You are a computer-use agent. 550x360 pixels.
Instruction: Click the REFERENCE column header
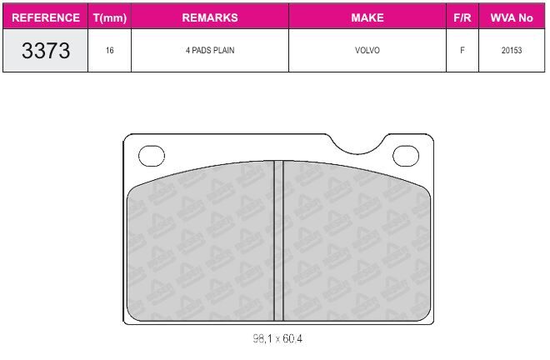[x=46, y=17]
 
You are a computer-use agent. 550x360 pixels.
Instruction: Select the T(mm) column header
[x=110, y=17]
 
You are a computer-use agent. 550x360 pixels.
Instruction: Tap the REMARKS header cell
[x=210, y=17]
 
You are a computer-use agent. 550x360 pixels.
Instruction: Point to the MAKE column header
[x=367, y=17]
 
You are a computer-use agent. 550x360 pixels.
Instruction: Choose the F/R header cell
[x=462, y=17]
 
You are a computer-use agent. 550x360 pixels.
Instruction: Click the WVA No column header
[x=512, y=17]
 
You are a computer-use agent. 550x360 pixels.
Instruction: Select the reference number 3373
[x=46, y=50]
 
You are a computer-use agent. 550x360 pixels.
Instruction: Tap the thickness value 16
[x=110, y=50]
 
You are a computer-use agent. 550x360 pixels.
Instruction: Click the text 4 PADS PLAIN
[x=210, y=50]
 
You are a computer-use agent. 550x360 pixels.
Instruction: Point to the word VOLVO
[x=367, y=50]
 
